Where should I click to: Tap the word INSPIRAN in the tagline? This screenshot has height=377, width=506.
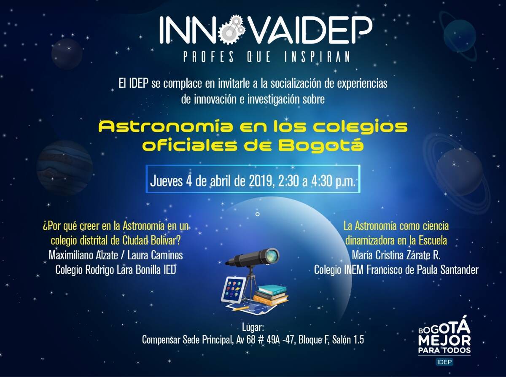point(317,57)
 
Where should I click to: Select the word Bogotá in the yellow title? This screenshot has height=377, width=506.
point(321,145)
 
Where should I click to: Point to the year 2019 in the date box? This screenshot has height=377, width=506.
point(262,181)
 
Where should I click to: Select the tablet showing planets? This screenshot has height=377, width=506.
point(233,290)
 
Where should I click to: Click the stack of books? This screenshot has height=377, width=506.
point(271,295)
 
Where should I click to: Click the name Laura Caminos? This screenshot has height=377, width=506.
point(155,255)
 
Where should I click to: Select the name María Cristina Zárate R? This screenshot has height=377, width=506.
point(396,255)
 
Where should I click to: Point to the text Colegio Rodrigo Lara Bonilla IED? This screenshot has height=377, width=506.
point(116,270)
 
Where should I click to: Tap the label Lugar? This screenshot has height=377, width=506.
point(253,328)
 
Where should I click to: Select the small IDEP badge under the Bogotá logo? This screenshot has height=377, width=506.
point(444,362)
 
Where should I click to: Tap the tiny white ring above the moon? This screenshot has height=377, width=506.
point(258,214)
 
